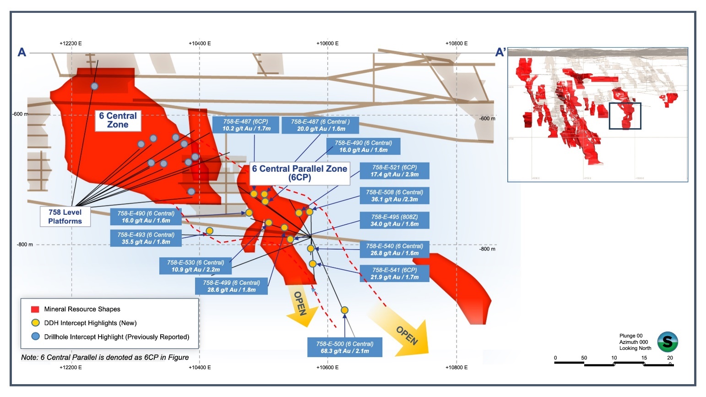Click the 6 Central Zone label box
point(118,120)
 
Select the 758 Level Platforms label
point(65,217)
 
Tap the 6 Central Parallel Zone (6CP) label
point(299,173)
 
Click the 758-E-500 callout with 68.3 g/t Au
point(345,348)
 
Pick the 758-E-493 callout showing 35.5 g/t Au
point(146,238)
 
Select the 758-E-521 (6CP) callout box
point(394,171)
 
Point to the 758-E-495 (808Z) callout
point(394,220)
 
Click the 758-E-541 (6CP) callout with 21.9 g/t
point(394,273)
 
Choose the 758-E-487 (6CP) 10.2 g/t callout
point(246,125)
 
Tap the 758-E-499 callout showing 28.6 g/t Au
point(231,286)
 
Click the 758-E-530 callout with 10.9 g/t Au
point(195,266)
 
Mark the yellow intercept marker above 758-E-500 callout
point(345,310)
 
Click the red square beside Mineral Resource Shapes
point(35,309)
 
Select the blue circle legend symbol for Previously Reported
point(35,337)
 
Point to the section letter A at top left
point(22,52)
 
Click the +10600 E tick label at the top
point(327,44)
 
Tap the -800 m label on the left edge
point(25,245)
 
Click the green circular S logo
point(668,342)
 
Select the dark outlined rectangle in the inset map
point(625,116)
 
